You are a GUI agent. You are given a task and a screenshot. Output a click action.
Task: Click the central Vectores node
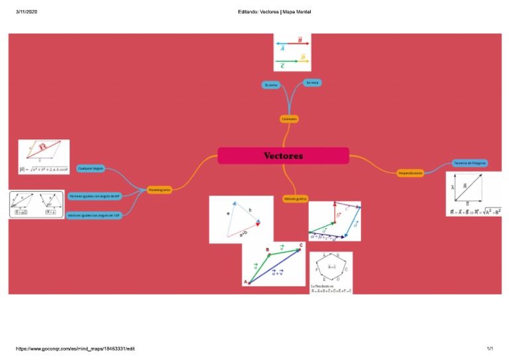point(283,156)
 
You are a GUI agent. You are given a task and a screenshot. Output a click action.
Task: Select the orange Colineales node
point(289,119)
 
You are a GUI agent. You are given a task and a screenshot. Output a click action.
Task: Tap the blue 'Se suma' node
point(271,85)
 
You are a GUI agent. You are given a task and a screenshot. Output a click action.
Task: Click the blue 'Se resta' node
point(311,82)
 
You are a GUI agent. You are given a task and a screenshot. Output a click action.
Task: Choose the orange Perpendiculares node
point(410,173)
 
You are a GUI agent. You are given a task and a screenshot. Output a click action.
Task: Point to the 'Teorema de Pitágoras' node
point(470,163)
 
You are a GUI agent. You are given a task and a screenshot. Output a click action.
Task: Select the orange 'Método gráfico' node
point(295,198)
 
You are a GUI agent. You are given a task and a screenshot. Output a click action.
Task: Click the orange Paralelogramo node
point(159,190)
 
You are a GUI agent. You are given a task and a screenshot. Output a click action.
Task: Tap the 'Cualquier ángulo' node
point(91,168)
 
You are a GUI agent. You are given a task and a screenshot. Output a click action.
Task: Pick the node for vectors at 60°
point(94,196)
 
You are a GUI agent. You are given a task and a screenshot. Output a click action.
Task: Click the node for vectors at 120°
point(93,215)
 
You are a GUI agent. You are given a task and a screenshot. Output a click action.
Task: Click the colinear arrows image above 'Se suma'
point(292,52)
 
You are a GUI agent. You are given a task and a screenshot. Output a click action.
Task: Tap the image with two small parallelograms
point(36,204)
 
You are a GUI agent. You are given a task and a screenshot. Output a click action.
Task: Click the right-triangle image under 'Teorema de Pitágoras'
point(474,194)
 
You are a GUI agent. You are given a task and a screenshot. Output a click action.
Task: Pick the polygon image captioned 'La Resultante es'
point(331,272)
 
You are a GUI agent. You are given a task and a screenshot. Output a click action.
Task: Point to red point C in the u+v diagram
point(301,245)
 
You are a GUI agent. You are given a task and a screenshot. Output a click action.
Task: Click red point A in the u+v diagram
point(246,282)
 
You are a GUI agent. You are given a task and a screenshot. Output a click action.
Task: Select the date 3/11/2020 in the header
point(26,12)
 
